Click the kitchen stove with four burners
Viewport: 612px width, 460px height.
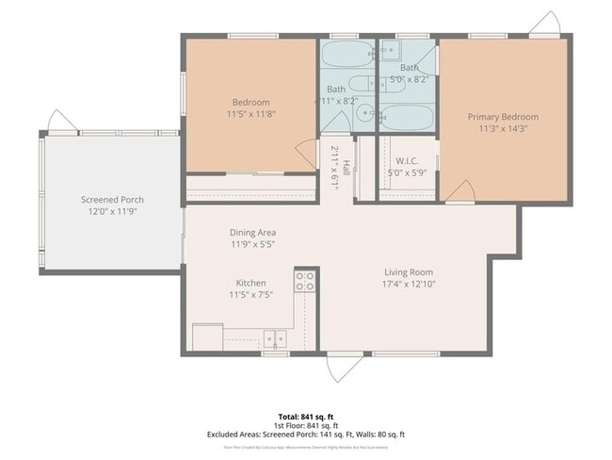305,280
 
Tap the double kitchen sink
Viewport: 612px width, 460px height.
275,338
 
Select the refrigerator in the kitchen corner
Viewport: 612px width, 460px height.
207,337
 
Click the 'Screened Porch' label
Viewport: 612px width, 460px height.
112,200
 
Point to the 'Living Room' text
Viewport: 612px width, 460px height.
408,271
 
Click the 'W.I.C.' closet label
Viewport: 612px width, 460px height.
407,160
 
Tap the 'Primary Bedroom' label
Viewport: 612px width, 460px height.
503,117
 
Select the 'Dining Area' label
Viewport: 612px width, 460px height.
252,232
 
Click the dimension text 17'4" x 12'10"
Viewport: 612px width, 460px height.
408,284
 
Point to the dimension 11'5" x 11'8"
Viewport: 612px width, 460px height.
250,114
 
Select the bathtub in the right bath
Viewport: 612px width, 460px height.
407,119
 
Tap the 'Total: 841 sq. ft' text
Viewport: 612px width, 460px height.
306,416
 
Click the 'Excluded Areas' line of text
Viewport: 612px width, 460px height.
306,435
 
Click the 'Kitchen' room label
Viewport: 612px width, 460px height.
250,283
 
